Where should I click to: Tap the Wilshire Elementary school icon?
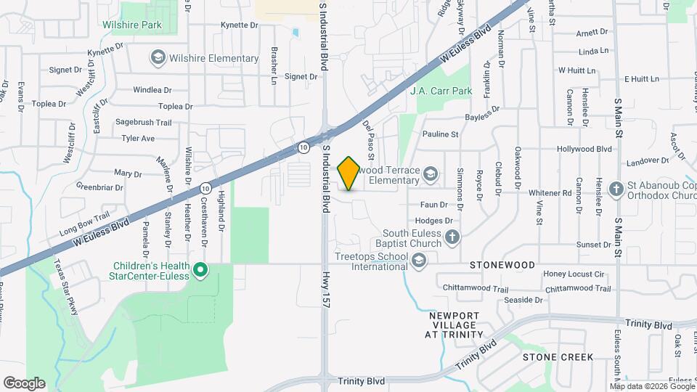157,57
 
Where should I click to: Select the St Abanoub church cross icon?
616,189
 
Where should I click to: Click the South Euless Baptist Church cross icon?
452,237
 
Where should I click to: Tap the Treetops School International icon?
418,261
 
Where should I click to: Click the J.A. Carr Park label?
441,91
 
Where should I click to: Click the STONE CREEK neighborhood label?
558,357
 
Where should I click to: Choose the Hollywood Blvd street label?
584,149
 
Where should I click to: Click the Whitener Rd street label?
550,193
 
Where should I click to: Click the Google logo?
24,383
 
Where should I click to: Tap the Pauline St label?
441,134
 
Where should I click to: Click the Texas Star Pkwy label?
65,279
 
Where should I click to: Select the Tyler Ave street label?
138,138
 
